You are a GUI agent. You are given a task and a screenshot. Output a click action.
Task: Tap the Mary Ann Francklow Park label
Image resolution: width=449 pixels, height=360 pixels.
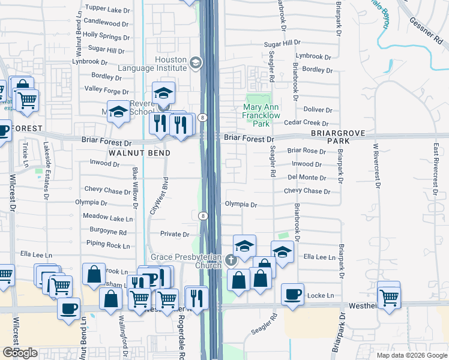[x=256, y=116]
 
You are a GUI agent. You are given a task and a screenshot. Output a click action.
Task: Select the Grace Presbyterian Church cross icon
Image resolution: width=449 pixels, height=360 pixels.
[x=232, y=260]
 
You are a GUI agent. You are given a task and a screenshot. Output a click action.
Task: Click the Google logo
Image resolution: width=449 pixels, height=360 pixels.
[x=20, y=353]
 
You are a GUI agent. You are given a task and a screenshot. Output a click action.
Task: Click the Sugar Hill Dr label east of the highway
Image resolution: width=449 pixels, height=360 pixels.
[x=282, y=44]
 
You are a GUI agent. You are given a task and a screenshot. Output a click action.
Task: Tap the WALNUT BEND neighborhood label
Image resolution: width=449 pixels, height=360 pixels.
[x=139, y=153]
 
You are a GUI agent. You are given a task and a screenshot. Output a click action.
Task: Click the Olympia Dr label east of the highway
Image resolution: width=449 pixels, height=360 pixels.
[x=241, y=205]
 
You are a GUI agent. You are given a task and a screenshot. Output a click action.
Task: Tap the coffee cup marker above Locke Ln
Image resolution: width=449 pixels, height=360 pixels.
[x=292, y=294]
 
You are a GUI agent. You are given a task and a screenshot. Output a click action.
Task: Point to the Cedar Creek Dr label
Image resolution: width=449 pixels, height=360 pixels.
[x=308, y=122]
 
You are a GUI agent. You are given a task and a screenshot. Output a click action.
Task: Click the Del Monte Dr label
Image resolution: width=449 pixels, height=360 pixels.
[x=307, y=178]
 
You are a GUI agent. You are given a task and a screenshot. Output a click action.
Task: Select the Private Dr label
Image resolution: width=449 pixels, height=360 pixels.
[x=175, y=235]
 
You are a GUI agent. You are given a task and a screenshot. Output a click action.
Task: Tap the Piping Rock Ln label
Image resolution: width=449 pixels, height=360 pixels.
[x=108, y=245]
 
